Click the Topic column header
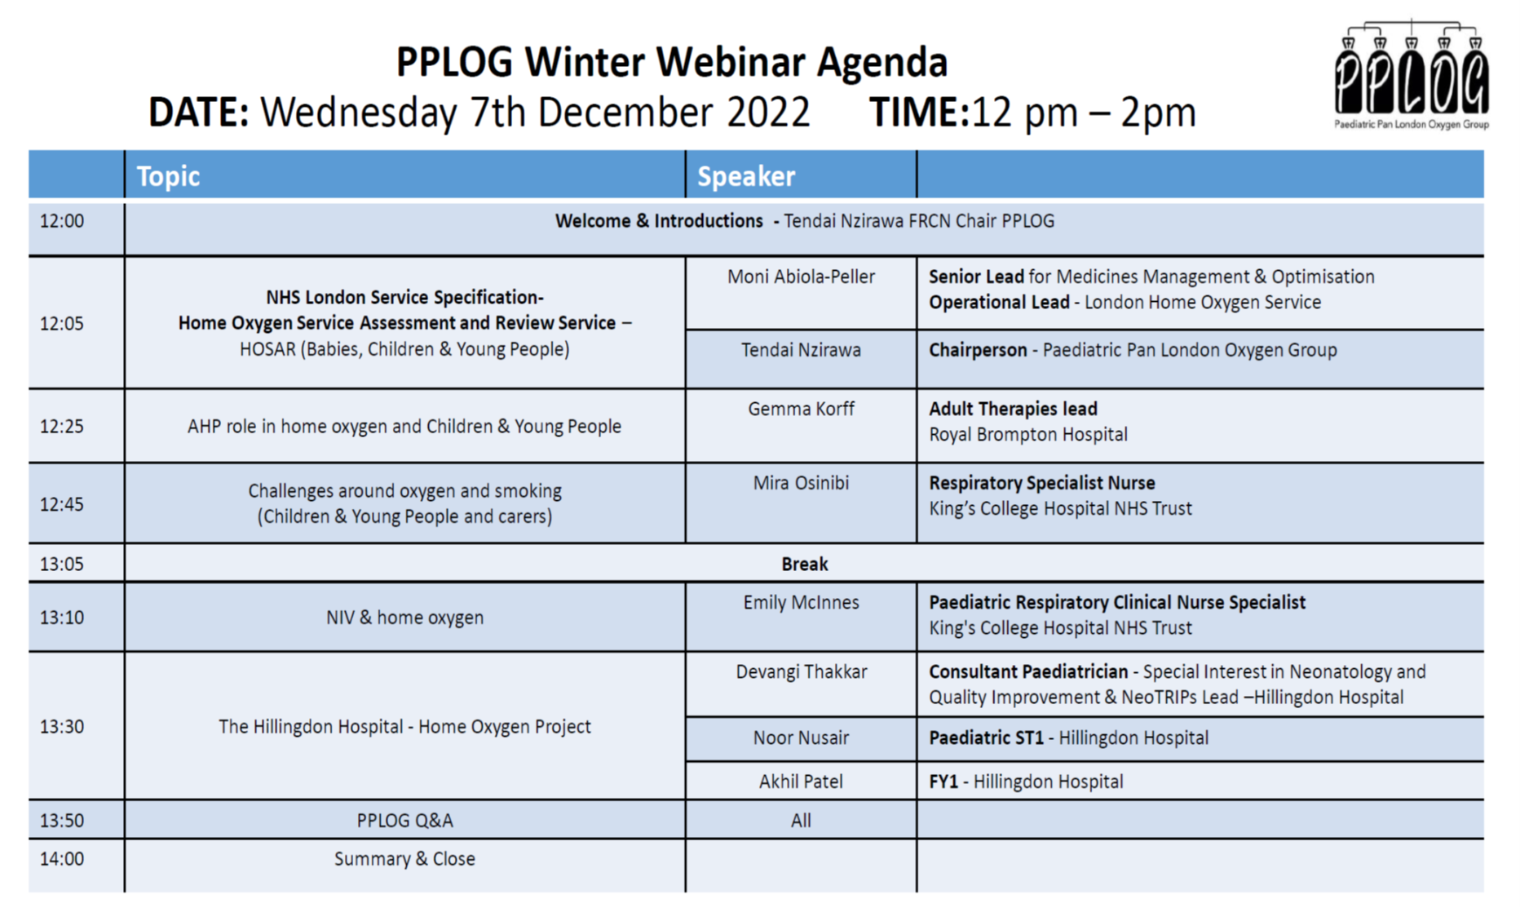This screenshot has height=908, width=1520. click(x=168, y=176)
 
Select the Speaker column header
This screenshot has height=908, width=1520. click(x=745, y=176)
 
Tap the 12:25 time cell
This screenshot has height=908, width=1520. click(x=62, y=426)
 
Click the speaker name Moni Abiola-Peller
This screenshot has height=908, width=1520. click(x=801, y=277)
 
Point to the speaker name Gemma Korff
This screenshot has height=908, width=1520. click(x=801, y=409)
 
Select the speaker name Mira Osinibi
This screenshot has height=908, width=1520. click(x=801, y=483)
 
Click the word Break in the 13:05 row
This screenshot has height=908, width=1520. click(x=804, y=564)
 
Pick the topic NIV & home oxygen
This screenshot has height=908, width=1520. click(x=404, y=618)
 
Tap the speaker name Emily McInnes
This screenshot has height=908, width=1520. click(x=801, y=602)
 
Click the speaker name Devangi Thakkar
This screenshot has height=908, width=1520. click(x=801, y=671)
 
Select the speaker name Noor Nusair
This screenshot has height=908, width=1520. click(x=801, y=737)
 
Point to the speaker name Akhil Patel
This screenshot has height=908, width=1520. click(x=801, y=782)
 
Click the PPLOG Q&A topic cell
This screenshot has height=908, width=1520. click(x=404, y=821)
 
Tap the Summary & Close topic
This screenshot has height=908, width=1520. click(x=404, y=858)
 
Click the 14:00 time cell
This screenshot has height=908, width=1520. click(x=62, y=858)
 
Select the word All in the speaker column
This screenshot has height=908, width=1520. click(x=801, y=821)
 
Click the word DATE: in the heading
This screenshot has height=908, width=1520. click(x=198, y=112)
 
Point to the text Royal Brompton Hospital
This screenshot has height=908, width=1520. click(x=1027, y=434)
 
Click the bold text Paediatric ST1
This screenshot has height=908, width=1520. click(x=986, y=737)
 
